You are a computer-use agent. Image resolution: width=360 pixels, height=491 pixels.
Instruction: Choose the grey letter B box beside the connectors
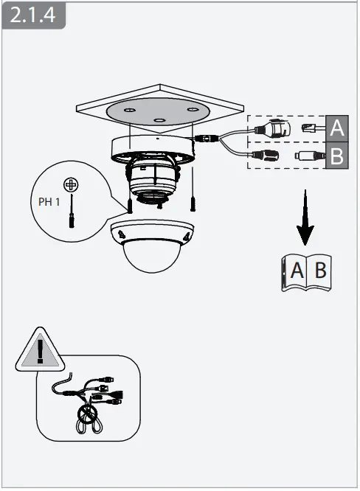[336, 156]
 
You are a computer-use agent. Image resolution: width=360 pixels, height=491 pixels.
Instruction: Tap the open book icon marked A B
[308, 271]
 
